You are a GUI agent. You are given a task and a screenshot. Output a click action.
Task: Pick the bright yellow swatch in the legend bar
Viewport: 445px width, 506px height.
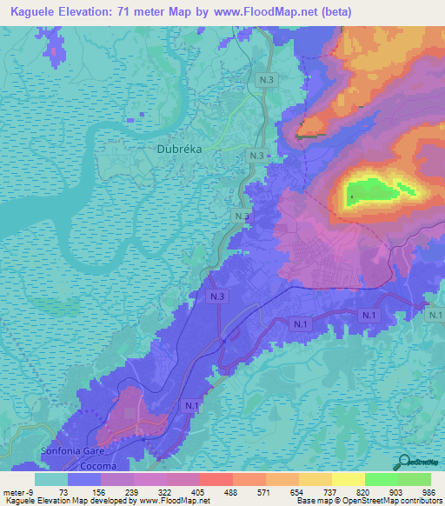[x=348, y=479]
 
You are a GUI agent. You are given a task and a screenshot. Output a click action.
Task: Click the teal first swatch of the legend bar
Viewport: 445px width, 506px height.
[x=51, y=479]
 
